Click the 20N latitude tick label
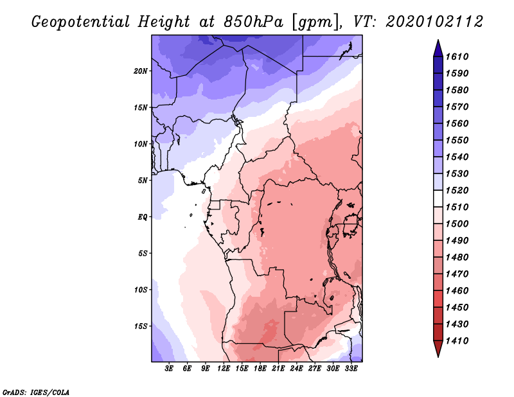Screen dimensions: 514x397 pos(141,71)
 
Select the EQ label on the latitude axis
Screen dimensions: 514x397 pos(143,217)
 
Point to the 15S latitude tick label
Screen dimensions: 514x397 pos(141,326)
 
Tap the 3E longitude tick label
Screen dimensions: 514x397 pos(169,369)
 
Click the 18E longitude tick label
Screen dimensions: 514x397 pos(260,369)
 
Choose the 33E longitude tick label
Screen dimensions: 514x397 pos(351,369)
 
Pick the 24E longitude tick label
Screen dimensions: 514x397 pos(296,369)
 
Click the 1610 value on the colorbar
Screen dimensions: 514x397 pos(457,57)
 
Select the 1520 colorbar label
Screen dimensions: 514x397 pos(457,190)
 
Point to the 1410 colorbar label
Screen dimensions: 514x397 pos(457,341)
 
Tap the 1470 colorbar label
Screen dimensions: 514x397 pos(457,274)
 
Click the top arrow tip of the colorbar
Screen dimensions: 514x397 pos(438,40)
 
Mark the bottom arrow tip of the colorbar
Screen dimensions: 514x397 pos(438,357)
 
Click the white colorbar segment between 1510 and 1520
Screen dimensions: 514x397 pos(438,198)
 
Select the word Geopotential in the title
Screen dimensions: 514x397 pos(81,22)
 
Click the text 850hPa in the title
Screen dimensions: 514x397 pos(253,22)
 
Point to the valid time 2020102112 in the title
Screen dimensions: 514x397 pos(434,22)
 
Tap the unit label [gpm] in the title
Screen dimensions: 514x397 pos(316,22)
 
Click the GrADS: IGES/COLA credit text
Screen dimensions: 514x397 pos(36,393)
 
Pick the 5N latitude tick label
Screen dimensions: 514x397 pos(143,181)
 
